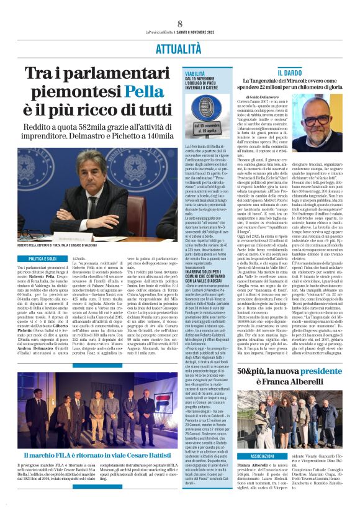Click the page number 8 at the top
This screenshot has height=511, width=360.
coord(179,23)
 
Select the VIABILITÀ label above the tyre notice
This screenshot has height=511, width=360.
coord(194,73)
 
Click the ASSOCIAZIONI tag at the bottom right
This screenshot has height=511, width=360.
coord(253,456)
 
